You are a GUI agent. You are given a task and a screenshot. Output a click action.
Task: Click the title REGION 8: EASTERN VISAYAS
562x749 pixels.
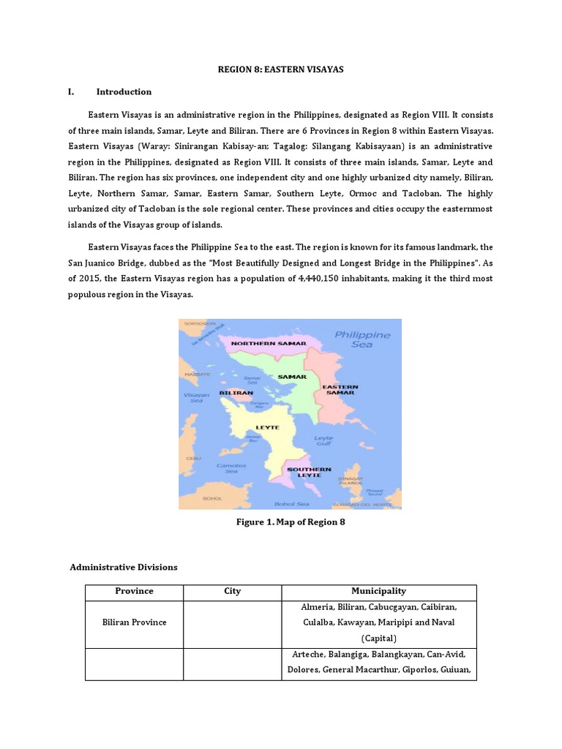click(x=281, y=69)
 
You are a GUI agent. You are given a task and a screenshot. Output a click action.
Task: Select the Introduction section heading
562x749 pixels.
click(x=124, y=92)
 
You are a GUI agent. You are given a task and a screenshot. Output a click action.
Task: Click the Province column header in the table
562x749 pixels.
click(x=134, y=591)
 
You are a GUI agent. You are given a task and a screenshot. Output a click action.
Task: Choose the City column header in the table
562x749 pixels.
click(x=232, y=591)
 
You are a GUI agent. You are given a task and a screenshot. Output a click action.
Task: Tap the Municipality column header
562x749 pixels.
click(x=378, y=591)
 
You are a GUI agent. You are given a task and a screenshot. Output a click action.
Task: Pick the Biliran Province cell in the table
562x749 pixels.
click(x=134, y=622)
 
